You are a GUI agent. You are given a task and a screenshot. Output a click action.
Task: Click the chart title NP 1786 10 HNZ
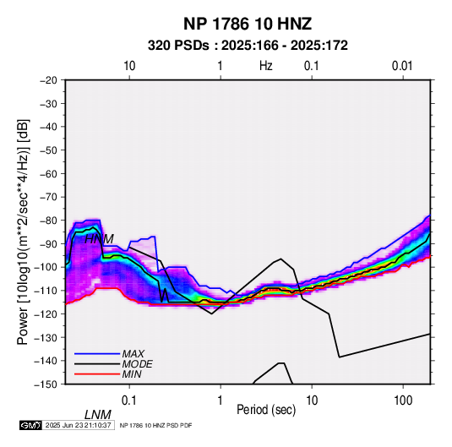pos(248,24)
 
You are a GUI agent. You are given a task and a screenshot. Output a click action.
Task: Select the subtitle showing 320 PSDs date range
pos(248,46)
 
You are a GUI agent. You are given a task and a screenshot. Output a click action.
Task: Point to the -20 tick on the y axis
pos(48,80)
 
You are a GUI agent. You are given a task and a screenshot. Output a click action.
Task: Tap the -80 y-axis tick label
pos(48,221)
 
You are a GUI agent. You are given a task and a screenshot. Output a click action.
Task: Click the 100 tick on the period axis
pos(403,401)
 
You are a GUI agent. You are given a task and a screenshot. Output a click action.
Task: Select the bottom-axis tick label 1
pos(221,401)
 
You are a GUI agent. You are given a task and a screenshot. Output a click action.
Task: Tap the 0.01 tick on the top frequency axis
pos(402,66)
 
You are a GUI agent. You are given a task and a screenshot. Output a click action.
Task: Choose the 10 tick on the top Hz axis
pos(129,66)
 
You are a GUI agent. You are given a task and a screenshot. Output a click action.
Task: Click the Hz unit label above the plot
pos(266,66)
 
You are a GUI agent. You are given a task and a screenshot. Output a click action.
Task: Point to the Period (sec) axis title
pos(266,410)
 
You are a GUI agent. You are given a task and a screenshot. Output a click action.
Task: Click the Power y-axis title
pos(23,232)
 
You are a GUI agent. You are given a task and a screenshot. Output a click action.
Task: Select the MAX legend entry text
pos(133,354)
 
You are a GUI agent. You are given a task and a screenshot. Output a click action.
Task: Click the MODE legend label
pos(137,364)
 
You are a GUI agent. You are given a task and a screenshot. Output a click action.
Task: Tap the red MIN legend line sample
pos(97,374)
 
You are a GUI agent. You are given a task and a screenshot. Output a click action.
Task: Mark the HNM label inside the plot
pos(99,239)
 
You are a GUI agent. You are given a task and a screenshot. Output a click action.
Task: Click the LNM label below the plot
pos(98,415)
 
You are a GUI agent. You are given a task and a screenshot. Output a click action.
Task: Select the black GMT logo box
pos(30,425)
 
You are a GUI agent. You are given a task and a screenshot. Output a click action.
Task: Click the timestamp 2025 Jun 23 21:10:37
pos(78,425)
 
